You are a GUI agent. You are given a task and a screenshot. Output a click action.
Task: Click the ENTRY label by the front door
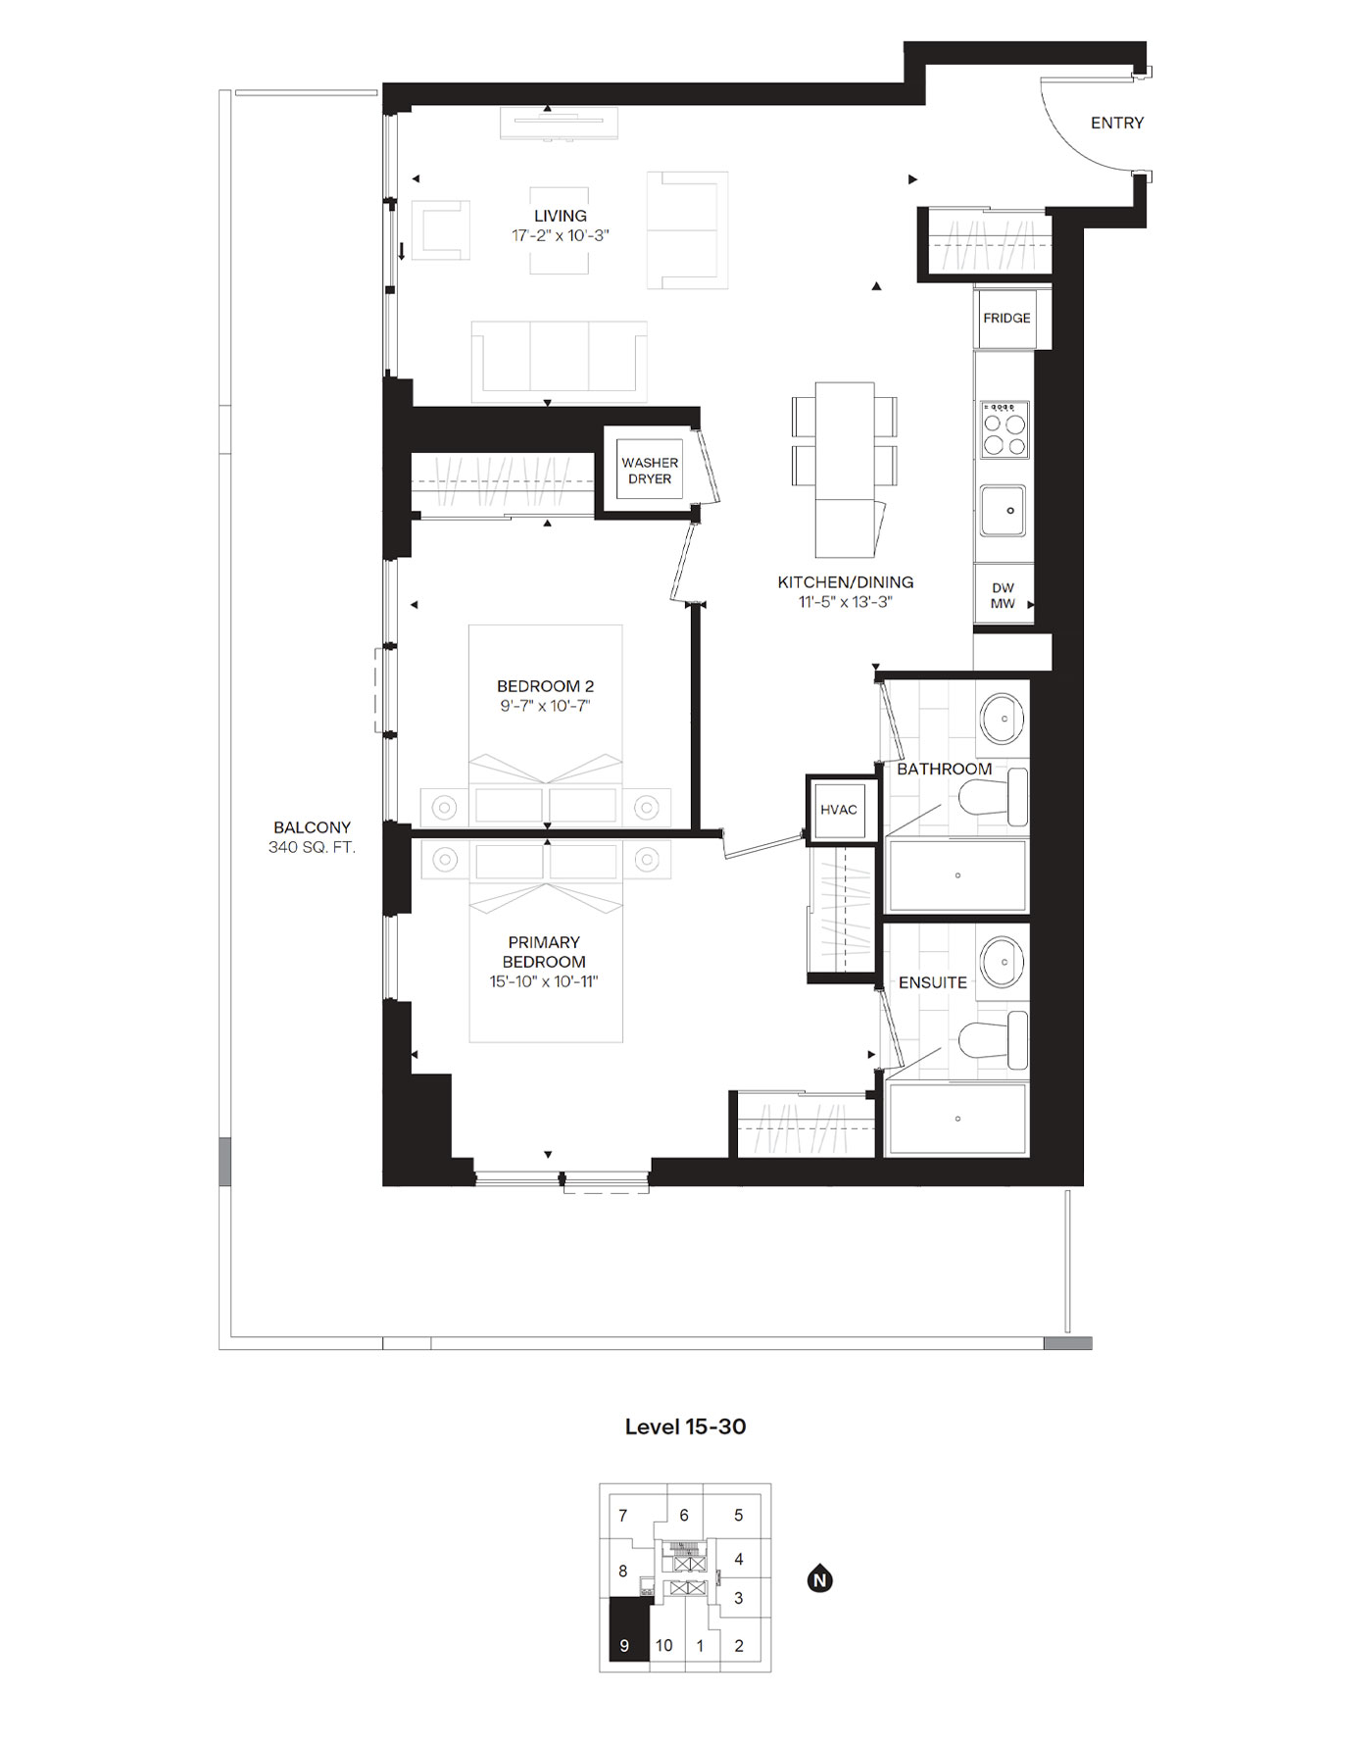pos(1116,123)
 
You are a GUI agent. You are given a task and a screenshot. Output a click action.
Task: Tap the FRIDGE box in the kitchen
pos(1006,318)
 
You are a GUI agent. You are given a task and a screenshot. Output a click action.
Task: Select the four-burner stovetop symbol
pos(1005,429)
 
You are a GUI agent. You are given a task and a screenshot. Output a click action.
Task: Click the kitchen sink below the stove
pos(1004,511)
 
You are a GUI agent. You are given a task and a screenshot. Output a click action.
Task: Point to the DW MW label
pos(1003,596)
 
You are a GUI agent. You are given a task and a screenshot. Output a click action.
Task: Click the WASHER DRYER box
pos(650,471)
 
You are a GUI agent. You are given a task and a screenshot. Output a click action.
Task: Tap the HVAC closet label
pos(839,810)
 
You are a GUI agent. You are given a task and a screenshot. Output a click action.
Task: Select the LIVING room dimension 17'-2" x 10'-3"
pos(561,236)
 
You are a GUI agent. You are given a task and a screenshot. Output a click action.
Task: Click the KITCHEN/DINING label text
pos(845,582)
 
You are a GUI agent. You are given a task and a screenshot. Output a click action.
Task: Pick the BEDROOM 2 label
pos(545,686)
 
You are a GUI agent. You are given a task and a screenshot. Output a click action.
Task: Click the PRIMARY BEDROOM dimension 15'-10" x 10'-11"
pos(544,981)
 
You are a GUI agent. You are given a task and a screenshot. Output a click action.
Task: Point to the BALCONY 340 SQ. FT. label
pos(312,837)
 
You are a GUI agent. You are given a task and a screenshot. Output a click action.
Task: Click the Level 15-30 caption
pos(685,1426)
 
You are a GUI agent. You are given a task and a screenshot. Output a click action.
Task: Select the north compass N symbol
pos(820,1579)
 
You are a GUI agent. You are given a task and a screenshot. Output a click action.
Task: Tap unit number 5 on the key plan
pos(739,1515)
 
